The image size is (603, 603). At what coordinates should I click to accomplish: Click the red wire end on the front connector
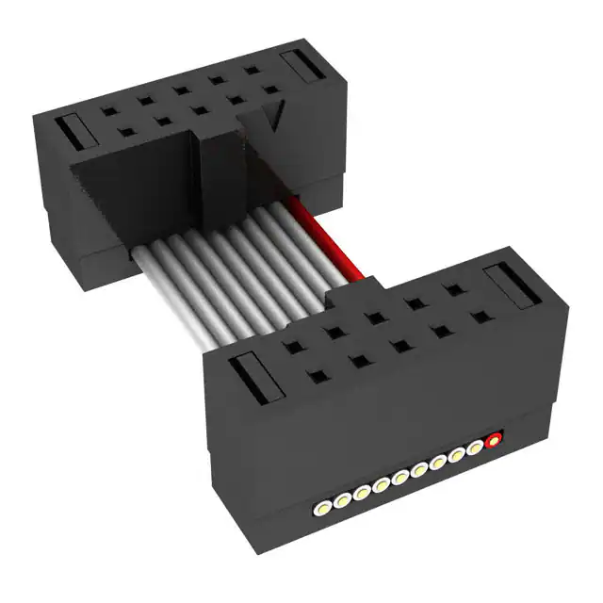[491, 439]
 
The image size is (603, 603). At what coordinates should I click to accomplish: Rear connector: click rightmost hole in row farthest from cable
[252, 71]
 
